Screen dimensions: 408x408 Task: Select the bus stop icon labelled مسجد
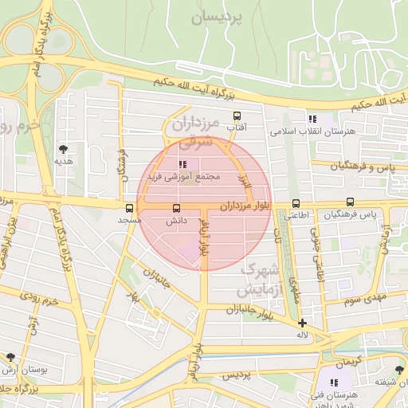click(130, 208)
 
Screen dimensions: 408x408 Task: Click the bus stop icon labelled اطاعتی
click(296, 203)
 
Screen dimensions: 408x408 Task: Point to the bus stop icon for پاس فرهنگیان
click(351, 203)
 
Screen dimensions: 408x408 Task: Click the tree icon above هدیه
click(63, 148)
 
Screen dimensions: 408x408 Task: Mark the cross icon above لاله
click(302, 323)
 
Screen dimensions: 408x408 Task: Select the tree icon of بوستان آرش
click(10, 358)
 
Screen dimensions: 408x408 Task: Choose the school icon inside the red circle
click(172, 163)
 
